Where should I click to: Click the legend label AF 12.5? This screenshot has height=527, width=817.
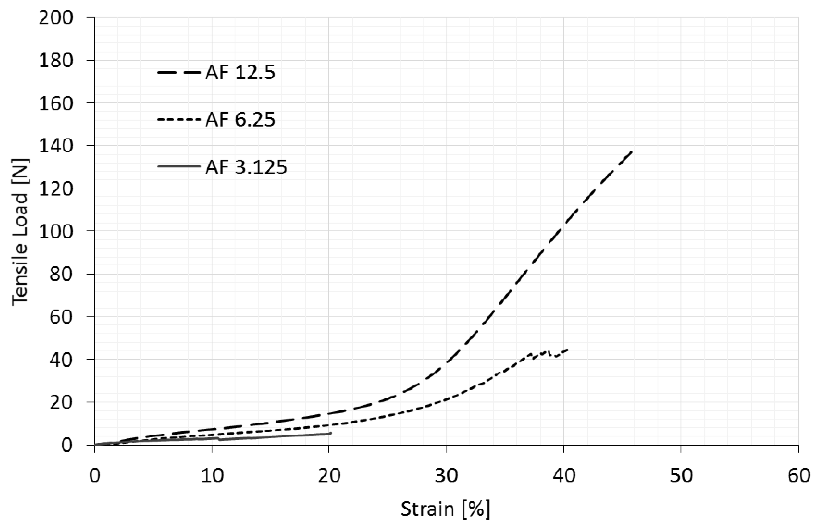(240, 73)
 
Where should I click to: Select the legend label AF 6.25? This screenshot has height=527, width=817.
(240, 120)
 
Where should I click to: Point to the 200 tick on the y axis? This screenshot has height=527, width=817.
(56, 18)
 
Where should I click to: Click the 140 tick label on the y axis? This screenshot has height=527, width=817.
(56, 146)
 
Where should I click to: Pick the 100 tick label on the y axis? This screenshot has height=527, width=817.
(56, 232)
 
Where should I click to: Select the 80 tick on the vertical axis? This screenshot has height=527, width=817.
(61, 274)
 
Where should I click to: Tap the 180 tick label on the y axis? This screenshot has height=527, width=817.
(56, 60)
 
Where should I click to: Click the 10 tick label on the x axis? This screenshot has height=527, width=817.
(212, 476)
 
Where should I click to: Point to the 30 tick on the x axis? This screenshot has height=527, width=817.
(447, 476)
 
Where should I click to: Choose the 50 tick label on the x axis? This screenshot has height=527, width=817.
(681, 476)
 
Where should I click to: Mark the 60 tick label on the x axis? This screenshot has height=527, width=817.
(798, 476)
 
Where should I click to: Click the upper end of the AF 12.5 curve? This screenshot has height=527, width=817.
(632, 151)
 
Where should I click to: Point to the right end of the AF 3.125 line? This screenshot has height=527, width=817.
(330, 433)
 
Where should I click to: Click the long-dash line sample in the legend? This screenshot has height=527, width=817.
(178, 73)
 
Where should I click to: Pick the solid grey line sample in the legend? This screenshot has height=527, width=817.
(178, 166)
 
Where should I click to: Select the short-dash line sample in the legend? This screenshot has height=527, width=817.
(178, 119)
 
